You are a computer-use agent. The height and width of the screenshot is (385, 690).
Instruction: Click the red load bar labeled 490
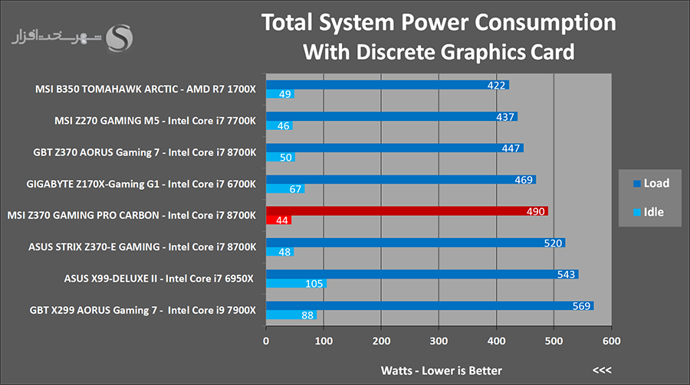(406, 210)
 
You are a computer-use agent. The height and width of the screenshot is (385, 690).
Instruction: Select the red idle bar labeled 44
(278, 220)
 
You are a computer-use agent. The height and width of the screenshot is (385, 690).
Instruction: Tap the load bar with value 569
(429, 305)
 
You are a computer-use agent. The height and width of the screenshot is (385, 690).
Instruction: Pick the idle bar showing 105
(296, 284)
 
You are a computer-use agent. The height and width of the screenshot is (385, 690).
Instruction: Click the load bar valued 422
(387, 85)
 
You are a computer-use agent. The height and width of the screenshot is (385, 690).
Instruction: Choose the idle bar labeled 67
(285, 189)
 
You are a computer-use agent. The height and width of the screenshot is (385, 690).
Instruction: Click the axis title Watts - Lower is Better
(441, 370)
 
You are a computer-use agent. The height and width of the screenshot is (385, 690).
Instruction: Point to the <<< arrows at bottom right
(602, 370)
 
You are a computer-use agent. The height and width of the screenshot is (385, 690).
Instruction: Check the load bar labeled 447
(394, 148)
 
